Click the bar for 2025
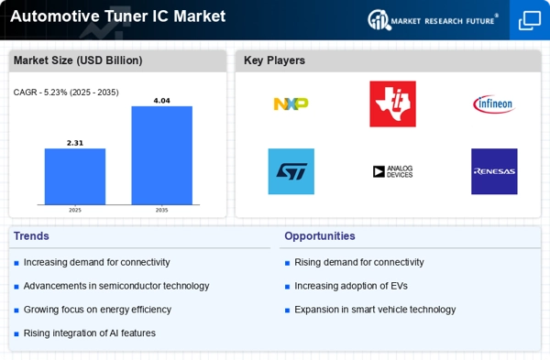[x=75, y=176]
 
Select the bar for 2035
[x=161, y=156]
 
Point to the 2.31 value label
[x=75, y=143]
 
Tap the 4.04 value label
[x=161, y=101]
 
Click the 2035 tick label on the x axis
[x=161, y=210]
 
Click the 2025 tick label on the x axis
[x=75, y=210]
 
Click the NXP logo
[x=291, y=104]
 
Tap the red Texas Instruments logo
[x=393, y=104]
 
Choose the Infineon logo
[x=494, y=104]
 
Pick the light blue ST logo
[x=291, y=171]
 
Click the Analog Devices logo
[x=393, y=171]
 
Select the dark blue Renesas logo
[x=494, y=171]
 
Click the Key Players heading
[x=274, y=60]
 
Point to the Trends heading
[x=31, y=236]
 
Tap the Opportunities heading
[x=320, y=236]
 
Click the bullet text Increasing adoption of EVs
[x=351, y=286]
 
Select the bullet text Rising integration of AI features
[x=90, y=333]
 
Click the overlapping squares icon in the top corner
[x=530, y=20]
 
